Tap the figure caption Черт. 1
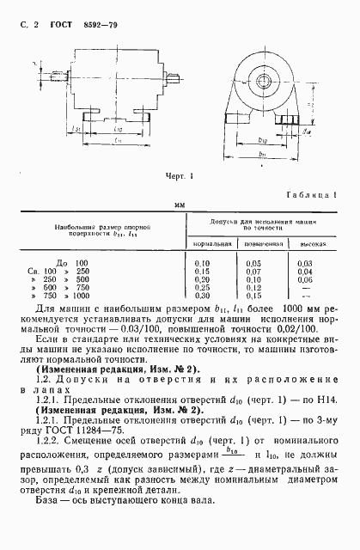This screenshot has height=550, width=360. pos(180,176)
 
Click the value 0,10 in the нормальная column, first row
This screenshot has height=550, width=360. pos(204,261)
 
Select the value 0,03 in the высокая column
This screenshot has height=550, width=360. pos(304,261)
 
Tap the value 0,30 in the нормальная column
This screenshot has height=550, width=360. pos(204,296)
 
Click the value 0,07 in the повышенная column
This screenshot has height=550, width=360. pos(254,270)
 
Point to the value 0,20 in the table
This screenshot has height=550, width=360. pos(204,278)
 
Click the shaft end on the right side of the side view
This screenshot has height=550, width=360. pos(176,82)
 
